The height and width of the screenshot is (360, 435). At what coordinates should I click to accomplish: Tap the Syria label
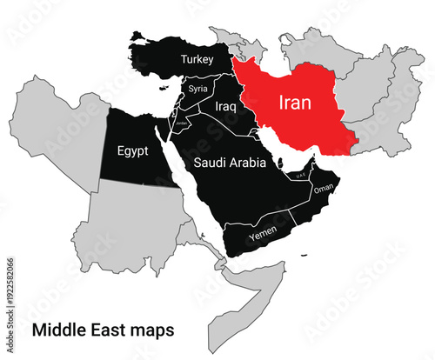point(198,89)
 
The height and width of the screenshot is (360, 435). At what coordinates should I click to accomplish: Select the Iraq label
point(226,106)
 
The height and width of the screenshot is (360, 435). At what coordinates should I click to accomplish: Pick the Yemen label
point(262,235)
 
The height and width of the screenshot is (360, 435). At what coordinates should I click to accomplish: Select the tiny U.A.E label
point(300,177)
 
